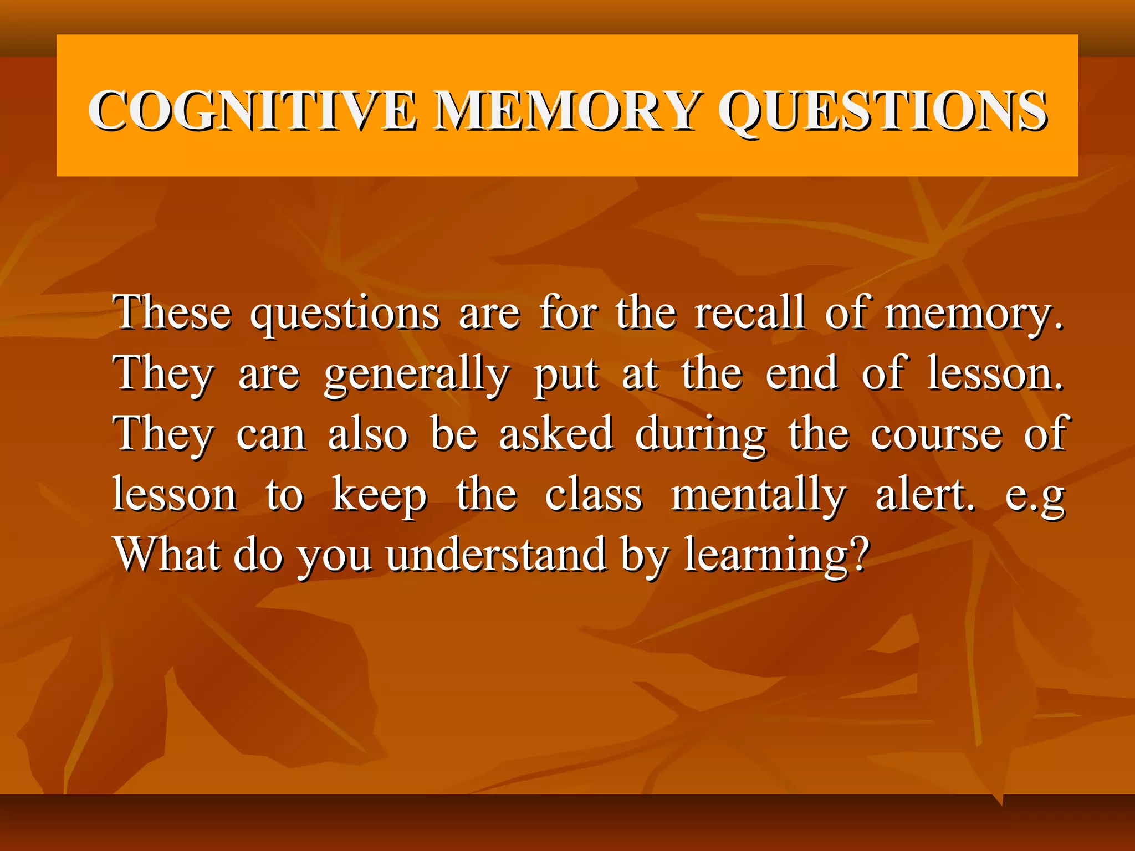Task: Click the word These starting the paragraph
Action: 172,312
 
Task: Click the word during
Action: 701,435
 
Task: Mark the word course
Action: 936,435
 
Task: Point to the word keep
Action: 380,496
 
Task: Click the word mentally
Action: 759,496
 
